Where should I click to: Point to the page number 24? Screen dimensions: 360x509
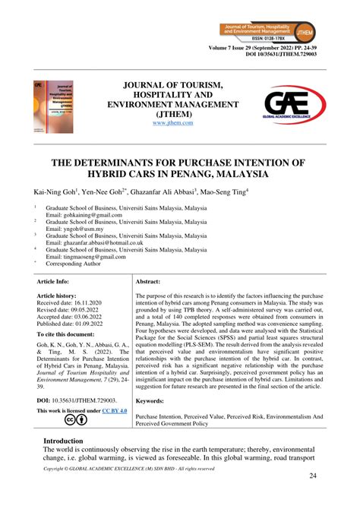pyautogui.click(x=312, y=476)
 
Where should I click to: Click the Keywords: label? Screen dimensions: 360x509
pyautogui.click(x=154, y=400)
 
